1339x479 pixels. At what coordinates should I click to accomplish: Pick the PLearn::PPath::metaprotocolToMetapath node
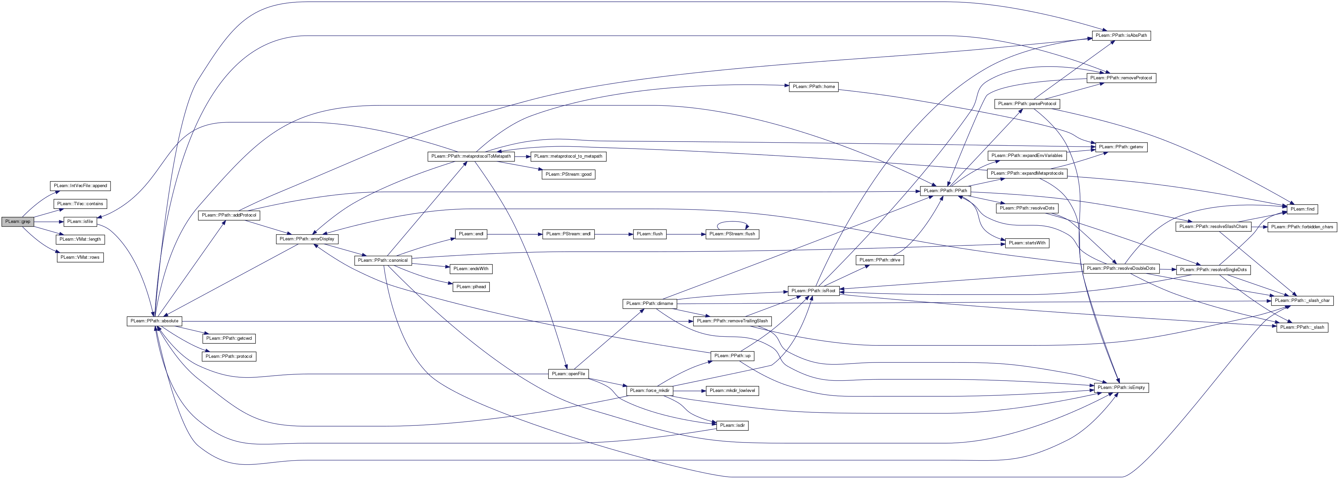471,156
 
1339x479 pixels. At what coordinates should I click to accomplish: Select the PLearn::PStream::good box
568,174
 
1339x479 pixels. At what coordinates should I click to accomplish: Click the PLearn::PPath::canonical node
383,260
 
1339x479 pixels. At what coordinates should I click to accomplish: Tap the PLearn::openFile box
568,374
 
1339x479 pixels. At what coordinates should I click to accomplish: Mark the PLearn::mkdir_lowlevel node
732,391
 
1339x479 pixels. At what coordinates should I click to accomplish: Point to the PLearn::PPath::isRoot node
813,291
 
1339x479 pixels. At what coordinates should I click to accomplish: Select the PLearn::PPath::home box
813,87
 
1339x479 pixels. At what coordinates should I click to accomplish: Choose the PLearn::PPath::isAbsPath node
1120,36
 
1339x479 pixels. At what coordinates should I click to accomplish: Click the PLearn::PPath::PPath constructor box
945,191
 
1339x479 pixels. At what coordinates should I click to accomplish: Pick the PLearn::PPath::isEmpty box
1120,388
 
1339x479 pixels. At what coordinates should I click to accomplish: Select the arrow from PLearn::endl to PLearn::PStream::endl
514,234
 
